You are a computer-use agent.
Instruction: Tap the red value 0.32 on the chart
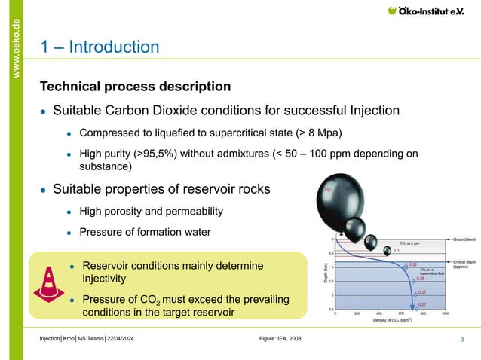point(412,264)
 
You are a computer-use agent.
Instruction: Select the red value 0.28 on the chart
point(421,278)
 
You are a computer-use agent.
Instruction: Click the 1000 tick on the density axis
point(446,313)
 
